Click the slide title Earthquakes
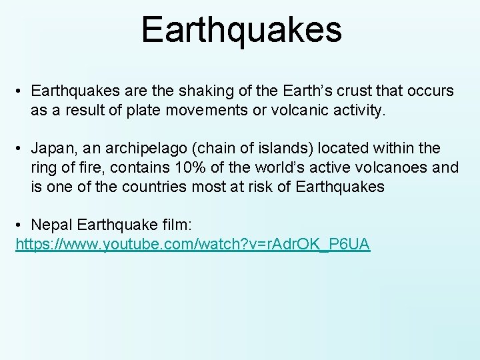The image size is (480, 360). [241, 31]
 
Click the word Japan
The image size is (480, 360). [54, 147]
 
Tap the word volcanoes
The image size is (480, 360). [389, 167]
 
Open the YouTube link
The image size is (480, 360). [193, 244]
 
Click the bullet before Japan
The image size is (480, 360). [21, 147]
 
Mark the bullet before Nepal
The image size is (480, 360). [21, 225]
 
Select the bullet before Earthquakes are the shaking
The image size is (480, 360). [21, 90]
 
